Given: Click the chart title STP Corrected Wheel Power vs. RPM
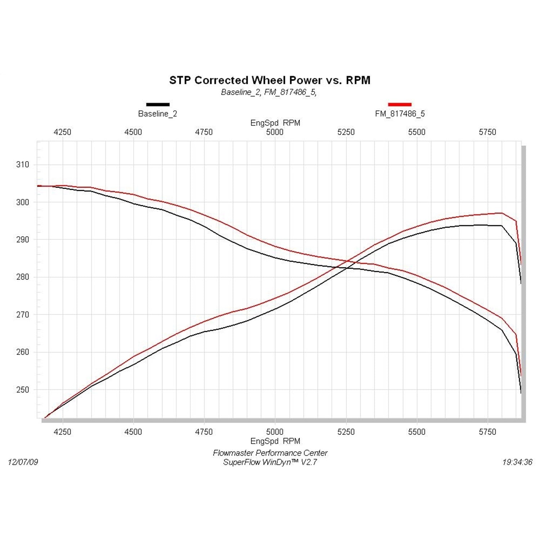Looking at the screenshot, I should coord(270,80).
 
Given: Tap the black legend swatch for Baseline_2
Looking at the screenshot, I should coord(158,105).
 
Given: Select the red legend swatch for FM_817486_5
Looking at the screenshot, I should coord(400,105).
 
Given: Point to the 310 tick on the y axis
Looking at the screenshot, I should coord(22,165).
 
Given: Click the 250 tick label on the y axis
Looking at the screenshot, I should coord(22,390).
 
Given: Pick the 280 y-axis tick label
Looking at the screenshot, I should coord(22,277).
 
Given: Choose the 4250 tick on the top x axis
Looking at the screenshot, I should coord(62,132).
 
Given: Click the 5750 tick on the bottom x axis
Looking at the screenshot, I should coord(487,432).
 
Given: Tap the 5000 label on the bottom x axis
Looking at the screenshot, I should coord(275,432).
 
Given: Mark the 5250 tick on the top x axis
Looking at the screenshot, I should coord(346,132).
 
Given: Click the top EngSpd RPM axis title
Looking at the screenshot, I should coord(275,123).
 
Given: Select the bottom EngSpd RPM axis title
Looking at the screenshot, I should coord(275,441).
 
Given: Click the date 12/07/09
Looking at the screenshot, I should coord(23,462).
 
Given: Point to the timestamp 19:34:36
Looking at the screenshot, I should coord(517,462).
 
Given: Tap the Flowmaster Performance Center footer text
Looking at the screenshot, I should coord(270,453).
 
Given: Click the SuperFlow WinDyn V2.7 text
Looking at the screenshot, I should coord(270,462).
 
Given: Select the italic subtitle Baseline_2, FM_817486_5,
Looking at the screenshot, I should coord(269,92).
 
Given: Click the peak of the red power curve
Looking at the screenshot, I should coord(501,213).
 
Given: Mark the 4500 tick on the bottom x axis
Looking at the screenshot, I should coord(133,432).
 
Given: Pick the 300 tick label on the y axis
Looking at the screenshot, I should coord(22,202).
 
